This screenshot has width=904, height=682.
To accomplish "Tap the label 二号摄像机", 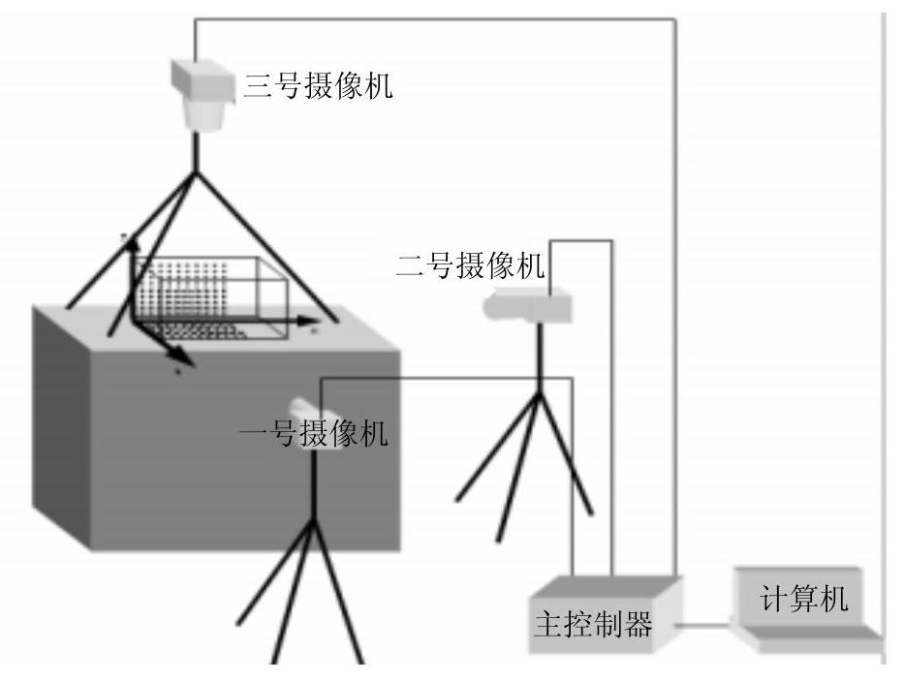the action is pos(471,264).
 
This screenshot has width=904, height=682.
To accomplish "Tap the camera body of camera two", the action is pos(528,307).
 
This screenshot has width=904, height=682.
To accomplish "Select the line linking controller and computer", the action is pos(707,625).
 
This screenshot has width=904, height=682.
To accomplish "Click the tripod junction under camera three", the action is pos(197,173).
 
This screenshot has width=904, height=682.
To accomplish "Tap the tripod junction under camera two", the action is pos(539,392).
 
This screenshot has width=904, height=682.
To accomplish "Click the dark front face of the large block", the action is pos(213,455).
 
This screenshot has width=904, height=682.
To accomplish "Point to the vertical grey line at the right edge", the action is pos(883,291).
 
